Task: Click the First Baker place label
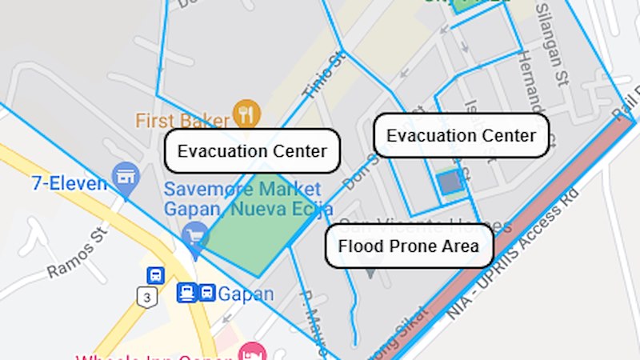tap(182, 120)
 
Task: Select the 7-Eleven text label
tap(69, 183)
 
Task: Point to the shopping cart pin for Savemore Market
tap(194, 237)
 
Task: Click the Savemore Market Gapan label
tap(242, 199)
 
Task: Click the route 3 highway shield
tap(147, 298)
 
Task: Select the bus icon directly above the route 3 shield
tap(155, 275)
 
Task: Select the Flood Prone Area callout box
tap(408, 246)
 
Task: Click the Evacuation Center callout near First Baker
tap(252, 150)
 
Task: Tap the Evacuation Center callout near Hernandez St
tap(461, 135)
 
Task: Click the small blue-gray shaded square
tap(450, 182)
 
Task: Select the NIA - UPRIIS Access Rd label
tap(512, 256)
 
